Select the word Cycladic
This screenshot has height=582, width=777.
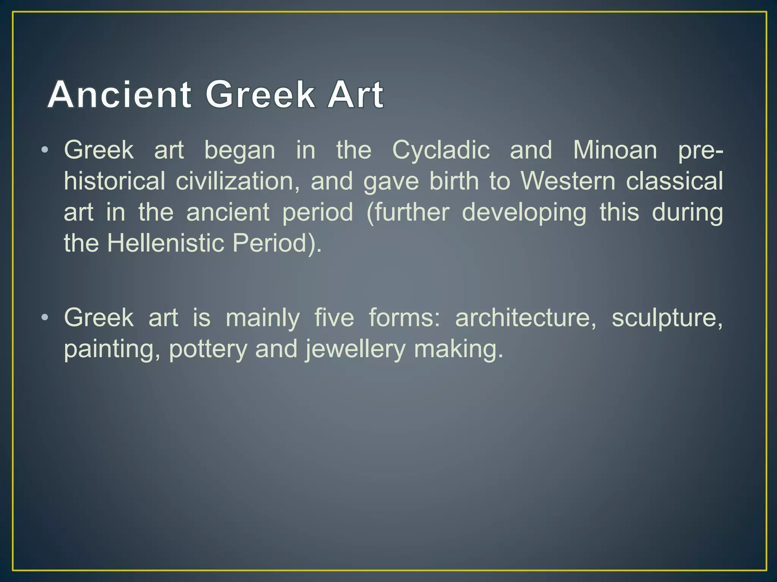click(441, 150)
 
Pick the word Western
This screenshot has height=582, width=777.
click(568, 181)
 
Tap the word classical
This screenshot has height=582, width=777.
click(674, 181)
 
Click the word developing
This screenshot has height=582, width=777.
click(524, 212)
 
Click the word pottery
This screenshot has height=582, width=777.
click(208, 349)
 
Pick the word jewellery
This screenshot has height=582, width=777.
click(355, 349)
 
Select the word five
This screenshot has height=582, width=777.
click(334, 318)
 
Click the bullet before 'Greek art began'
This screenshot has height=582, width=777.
click(45, 150)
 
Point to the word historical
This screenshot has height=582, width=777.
click(115, 181)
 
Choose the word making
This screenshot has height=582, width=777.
click(458, 349)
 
